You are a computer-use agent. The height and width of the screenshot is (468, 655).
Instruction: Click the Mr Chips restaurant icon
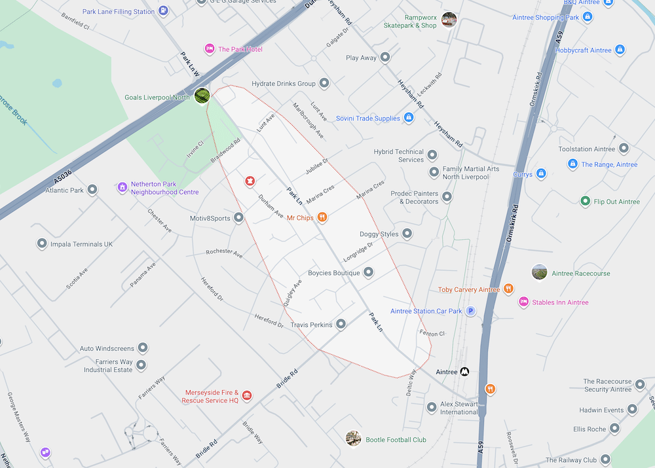(x=322, y=217)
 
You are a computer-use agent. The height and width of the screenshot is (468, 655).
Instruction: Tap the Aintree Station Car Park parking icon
(x=470, y=311)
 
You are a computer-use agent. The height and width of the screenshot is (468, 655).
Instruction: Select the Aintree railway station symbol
(x=464, y=372)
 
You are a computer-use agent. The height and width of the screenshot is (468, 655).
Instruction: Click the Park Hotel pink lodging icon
(x=210, y=49)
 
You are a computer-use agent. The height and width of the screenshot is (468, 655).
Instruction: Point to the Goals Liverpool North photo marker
(x=202, y=96)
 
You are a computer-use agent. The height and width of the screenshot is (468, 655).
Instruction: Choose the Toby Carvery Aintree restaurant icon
(x=509, y=289)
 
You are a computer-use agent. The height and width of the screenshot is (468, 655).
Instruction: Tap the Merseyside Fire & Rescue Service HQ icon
(x=247, y=395)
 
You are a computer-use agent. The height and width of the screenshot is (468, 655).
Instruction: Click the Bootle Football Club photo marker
(x=354, y=439)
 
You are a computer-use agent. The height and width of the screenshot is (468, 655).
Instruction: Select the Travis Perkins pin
(x=341, y=324)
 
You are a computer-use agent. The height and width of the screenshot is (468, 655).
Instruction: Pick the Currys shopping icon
(x=541, y=174)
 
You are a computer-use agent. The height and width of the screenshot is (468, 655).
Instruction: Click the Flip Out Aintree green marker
(x=586, y=201)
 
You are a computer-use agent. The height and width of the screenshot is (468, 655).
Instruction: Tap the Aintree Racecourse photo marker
(x=540, y=272)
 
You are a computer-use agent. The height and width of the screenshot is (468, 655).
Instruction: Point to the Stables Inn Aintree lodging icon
(x=523, y=302)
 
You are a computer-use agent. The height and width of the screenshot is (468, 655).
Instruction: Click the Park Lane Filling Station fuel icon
(x=163, y=11)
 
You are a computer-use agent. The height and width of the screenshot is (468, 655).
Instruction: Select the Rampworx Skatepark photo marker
(x=449, y=20)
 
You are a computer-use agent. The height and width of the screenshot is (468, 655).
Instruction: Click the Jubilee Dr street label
(x=316, y=166)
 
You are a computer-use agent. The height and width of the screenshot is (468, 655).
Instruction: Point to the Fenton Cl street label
(x=432, y=333)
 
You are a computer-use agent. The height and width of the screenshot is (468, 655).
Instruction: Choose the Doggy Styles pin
(x=407, y=234)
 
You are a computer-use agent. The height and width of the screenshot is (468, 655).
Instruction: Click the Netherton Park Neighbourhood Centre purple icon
(x=122, y=188)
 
